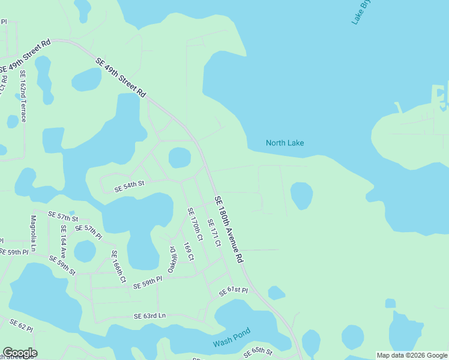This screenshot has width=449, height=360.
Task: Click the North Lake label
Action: (x=285, y=143)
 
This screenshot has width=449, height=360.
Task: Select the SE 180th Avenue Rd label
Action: (x=228, y=229)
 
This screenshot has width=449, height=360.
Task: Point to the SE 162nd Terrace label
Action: (x=23, y=96)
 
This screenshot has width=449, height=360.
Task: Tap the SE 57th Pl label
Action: (x=89, y=230)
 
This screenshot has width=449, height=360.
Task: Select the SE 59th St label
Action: (x=62, y=265)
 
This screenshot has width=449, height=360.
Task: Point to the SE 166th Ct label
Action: (x=118, y=266)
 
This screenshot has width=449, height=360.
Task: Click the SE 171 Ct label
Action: (x=214, y=232)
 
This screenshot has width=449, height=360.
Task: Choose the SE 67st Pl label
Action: (x=233, y=292)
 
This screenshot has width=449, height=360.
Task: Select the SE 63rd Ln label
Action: (x=149, y=316)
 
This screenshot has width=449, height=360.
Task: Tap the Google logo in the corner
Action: (x=20, y=353)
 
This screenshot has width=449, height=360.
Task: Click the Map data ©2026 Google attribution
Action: (x=411, y=355)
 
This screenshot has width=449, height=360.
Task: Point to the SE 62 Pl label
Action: (x=21, y=325)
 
